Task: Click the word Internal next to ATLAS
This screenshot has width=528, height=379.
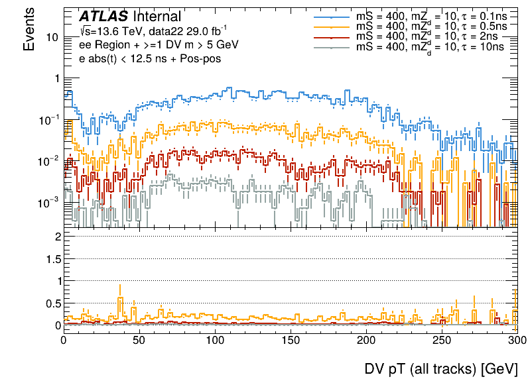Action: (x=157, y=17)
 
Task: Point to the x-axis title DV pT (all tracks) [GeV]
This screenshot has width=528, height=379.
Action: (x=440, y=368)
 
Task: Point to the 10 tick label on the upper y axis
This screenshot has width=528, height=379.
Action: (x=49, y=37)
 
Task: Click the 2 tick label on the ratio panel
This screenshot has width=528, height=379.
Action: (x=58, y=237)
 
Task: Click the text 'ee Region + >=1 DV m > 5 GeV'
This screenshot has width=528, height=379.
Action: (x=154, y=44)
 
